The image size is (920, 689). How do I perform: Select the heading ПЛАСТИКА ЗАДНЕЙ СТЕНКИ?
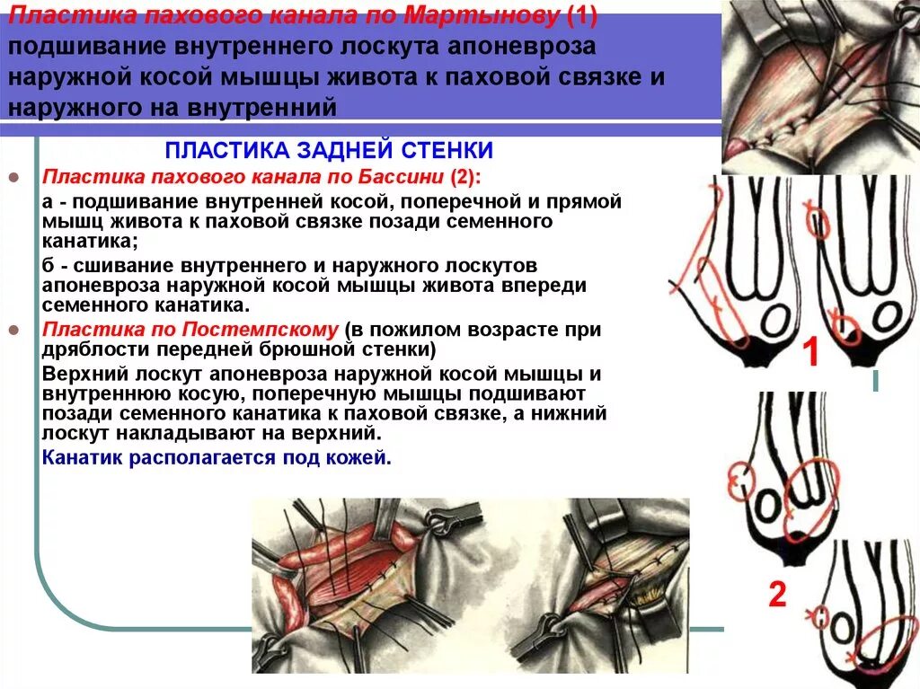click(x=330, y=150)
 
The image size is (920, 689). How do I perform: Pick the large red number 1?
click(x=809, y=353)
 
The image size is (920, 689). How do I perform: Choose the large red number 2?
click(x=777, y=594)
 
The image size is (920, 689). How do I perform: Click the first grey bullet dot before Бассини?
click(x=13, y=177)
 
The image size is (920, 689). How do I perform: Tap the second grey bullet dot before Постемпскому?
click(x=13, y=330)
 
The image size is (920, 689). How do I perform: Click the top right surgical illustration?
click(x=819, y=85)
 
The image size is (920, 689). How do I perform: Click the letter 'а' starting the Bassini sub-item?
click(x=48, y=201)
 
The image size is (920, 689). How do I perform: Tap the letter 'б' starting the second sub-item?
click(x=48, y=267)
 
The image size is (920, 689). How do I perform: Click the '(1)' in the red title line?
click(x=581, y=16)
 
